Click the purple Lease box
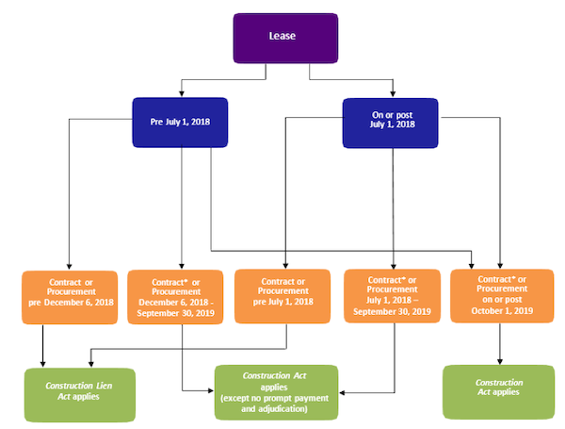click(285, 39)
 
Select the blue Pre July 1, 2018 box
click(180, 123)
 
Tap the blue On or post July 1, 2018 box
click(390, 123)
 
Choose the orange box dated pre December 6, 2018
click(70, 297)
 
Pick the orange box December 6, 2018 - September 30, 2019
click(175, 297)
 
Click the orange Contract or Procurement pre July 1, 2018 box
click(282, 296)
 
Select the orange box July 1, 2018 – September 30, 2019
click(392, 296)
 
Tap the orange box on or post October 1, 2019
click(502, 296)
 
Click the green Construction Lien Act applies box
click(80, 395)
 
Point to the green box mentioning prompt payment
click(276, 392)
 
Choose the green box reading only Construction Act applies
click(499, 392)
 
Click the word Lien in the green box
click(105, 386)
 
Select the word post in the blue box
click(404, 115)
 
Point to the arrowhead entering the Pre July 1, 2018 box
click(182, 93)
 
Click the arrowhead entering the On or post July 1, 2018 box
click(393, 93)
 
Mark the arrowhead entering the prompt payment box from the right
click(342, 392)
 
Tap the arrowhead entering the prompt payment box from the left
click(211, 390)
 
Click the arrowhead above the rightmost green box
click(500, 361)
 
